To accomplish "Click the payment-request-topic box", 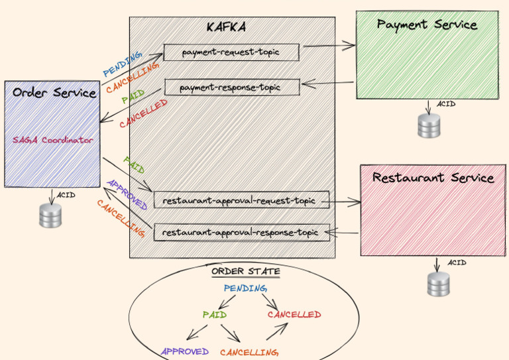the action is click(231, 52).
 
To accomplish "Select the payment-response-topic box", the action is click(232, 87).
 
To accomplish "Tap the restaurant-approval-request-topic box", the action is click(241, 200).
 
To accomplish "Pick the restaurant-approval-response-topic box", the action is click(241, 233).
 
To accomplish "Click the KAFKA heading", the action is click(226, 27).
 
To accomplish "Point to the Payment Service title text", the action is click(427, 25).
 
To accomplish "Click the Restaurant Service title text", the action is click(433, 178).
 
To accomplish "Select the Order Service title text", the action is click(54, 93).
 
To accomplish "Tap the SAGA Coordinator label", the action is click(53, 140).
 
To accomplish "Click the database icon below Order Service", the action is click(50, 215).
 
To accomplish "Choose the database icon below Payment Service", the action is click(429, 125).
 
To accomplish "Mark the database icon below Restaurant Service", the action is click(438, 284).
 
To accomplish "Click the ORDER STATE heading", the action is click(246, 271).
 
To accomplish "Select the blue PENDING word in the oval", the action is click(245, 288).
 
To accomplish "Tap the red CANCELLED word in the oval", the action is click(294, 314).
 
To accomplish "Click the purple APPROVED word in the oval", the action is click(185, 351).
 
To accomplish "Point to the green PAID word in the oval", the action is click(215, 314).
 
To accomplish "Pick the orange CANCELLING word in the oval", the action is click(249, 352).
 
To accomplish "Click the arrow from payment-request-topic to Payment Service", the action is click(329, 46).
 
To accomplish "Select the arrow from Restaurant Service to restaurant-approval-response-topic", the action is click(341, 233).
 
